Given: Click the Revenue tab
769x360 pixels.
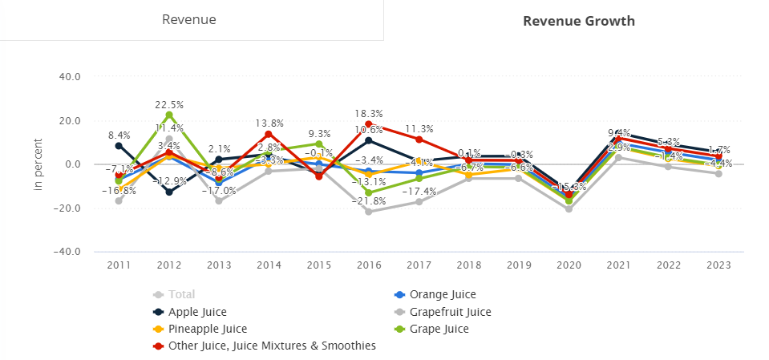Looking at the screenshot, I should click(x=189, y=20).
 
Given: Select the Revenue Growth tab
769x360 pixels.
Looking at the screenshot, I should click(x=578, y=21).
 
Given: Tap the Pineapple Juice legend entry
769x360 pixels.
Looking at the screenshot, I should click(x=201, y=329).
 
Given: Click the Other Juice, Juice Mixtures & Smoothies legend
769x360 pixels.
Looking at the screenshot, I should click(x=264, y=346).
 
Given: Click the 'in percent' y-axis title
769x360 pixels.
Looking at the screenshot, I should click(x=38, y=164).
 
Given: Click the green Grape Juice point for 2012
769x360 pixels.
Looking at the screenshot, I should click(x=169, y=115).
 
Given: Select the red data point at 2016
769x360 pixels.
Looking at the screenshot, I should click(x=369, y=124).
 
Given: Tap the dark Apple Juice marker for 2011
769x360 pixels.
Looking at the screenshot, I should click(x=119, y=145).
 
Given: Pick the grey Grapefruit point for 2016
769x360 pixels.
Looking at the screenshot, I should click(x=369, y=212).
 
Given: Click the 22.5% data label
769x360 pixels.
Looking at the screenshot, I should click(x=169, y=104).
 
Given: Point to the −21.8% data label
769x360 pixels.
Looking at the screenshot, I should click(x=369, y=201).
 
